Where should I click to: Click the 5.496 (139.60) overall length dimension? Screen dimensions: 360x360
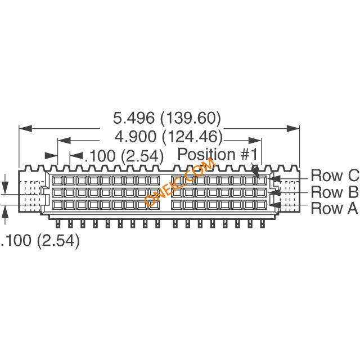(167, 118)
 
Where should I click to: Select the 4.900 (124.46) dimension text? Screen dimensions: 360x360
(169, 136)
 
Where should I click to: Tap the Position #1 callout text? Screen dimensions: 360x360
(218, 154)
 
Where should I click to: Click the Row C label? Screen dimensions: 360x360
(335, 175)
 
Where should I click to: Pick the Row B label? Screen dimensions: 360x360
(335, 192)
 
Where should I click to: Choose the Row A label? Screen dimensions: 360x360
(334, 208)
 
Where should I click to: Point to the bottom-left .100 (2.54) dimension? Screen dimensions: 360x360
(40, 241)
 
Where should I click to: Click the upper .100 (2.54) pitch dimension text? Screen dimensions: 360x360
(124, 156)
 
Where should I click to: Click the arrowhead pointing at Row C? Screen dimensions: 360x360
(275, 179)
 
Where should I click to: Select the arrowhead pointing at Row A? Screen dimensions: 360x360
(275, 205)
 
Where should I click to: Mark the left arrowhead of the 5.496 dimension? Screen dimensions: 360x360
(25, 129)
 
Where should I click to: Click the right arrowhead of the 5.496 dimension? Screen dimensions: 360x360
(293, 129)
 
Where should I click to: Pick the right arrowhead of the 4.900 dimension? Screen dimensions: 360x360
(255, 141)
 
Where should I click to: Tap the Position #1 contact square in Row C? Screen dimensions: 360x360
(261, 181)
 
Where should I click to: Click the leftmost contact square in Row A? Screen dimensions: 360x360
(57, 205)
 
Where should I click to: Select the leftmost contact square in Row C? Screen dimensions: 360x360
(57, 181)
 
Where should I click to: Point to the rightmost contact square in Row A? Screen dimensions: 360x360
(261, 205)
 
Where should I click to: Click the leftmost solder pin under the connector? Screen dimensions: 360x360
(58, 223)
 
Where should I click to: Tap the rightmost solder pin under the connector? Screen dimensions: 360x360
(262, 223)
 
